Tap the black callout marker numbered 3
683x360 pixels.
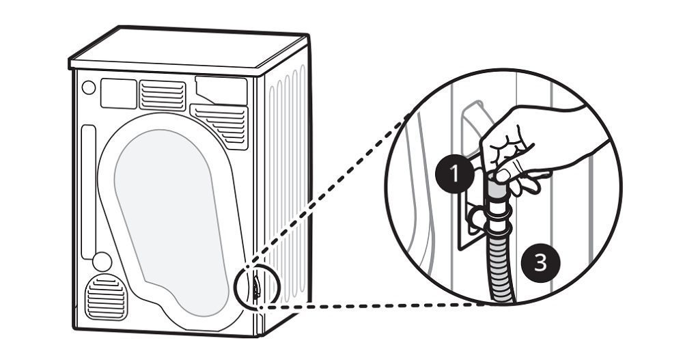[x=540, y=262]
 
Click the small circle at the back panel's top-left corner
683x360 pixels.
[x=88, y=87]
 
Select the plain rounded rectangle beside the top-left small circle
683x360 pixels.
[x=118, y=94]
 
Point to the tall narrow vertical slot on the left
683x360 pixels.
[x=86, y=191]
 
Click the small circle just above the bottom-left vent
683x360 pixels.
[x=102, y=262]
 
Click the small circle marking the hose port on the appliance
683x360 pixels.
[x=255, y=283]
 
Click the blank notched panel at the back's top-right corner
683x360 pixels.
[x=222, y=89]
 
